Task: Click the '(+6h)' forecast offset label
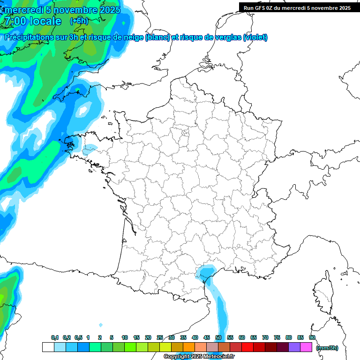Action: (x=79, y=21)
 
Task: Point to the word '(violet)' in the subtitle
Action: (x=255, y=37)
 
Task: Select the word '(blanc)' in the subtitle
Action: (x=157, y=37)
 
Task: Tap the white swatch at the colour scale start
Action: (x=48, y=347)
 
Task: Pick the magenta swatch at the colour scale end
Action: (x=306, y=347)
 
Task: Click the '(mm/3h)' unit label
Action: (x=327, y=347)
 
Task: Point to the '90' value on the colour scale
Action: (x=312, y=337)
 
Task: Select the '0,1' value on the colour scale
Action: (x=55, y=337)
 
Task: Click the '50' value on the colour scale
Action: (x=218, y=337)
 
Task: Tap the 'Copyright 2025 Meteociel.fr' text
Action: (x=199, y=357)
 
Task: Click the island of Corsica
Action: (x=322, y=293)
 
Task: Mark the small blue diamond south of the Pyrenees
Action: (x=101, y=325)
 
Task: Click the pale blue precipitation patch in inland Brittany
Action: (x=89, y=150)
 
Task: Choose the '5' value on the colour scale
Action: (x=112, y=337)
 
